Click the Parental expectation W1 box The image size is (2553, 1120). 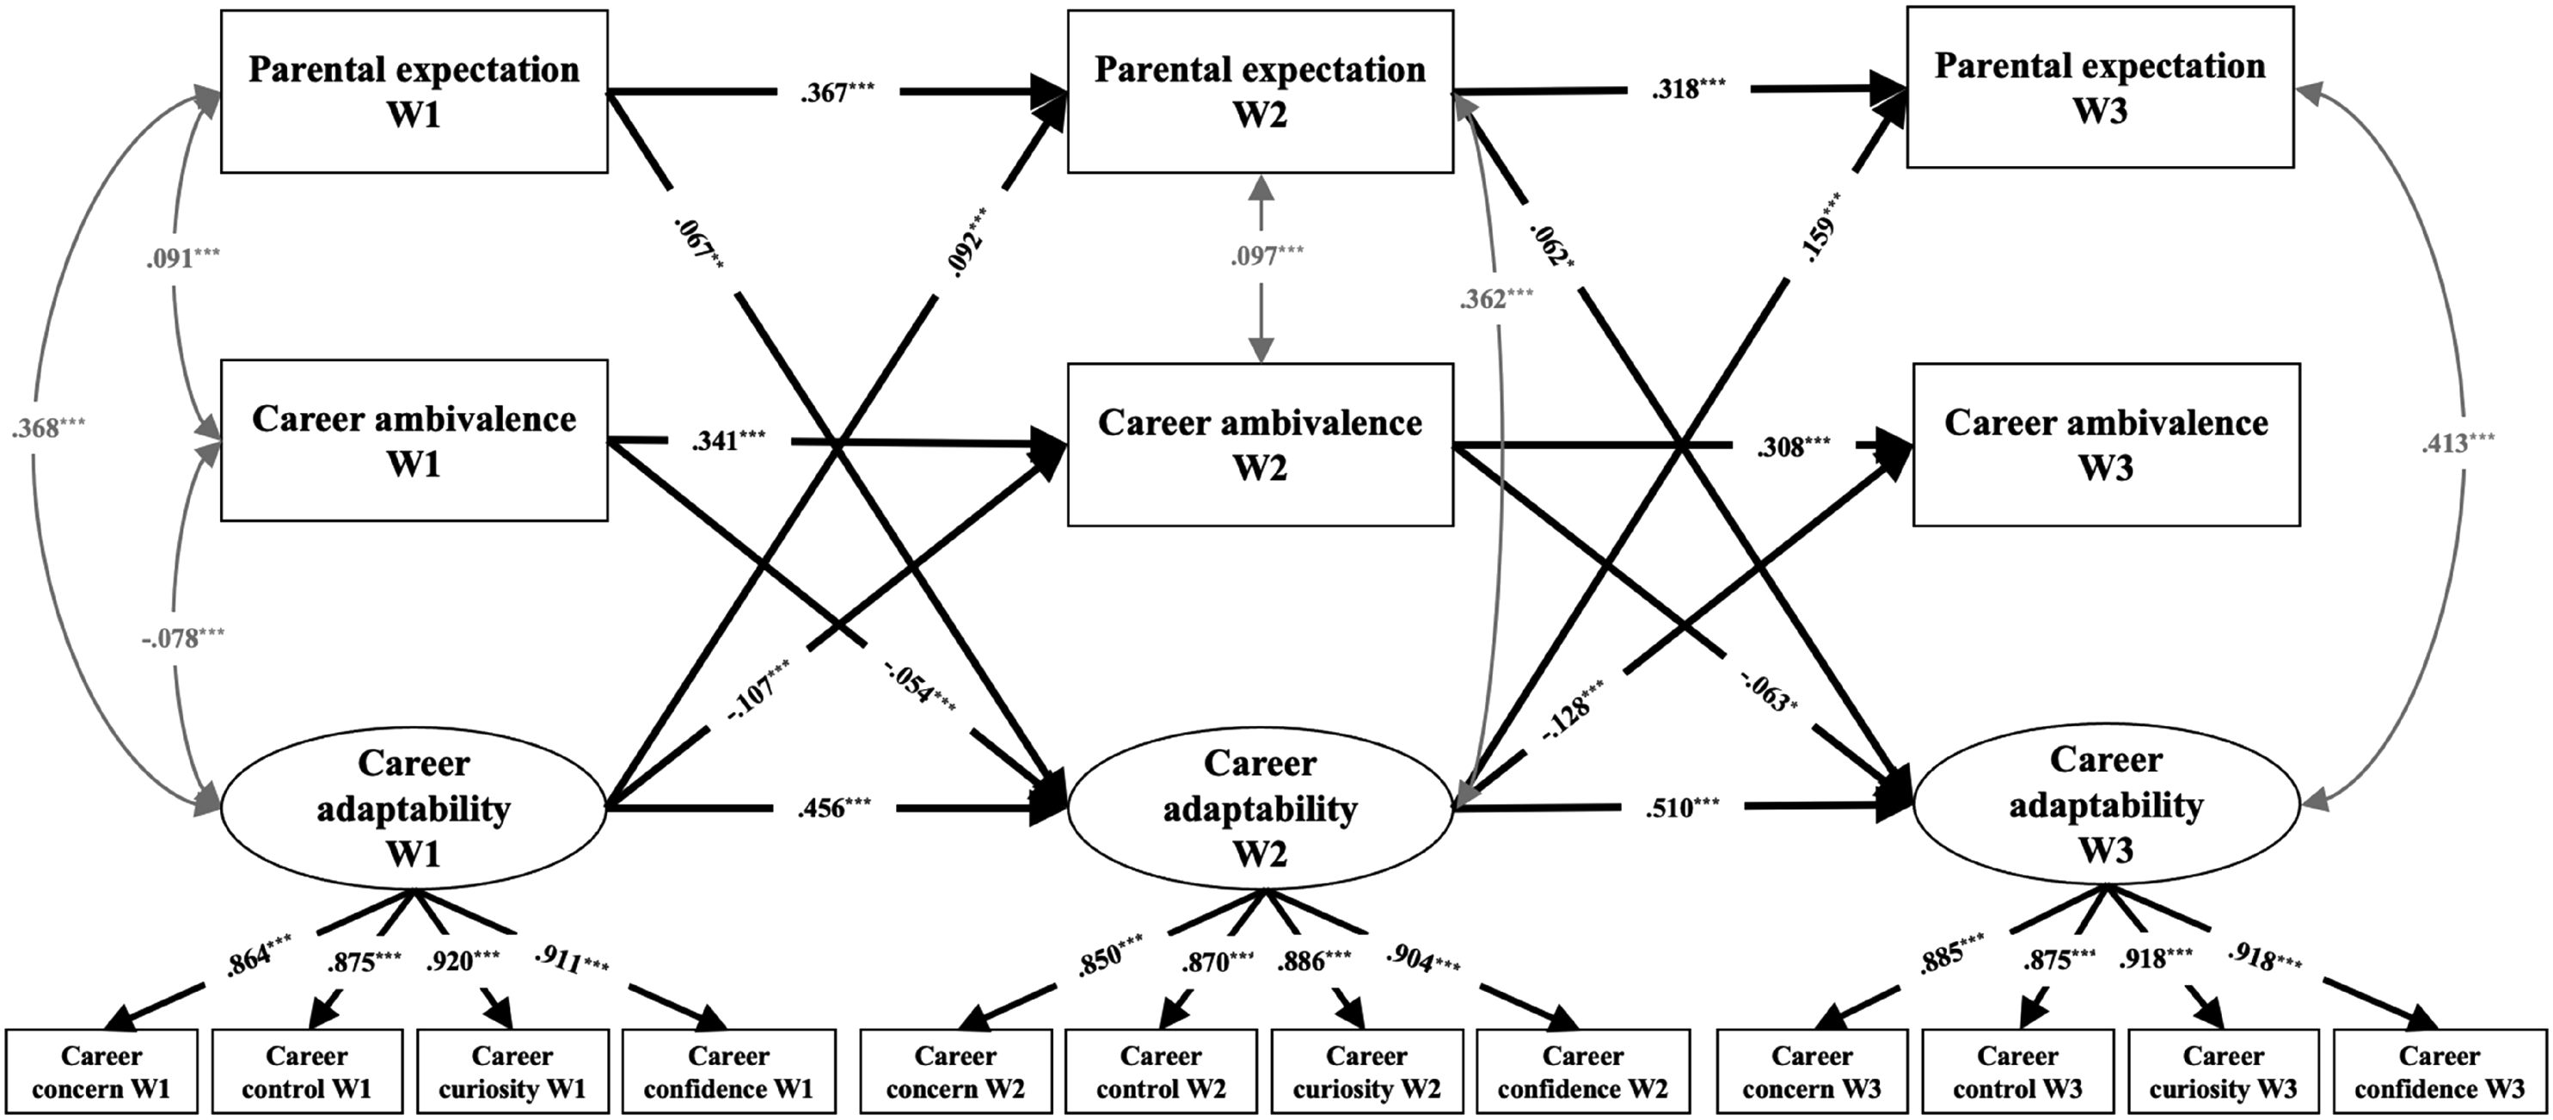coord(414,91)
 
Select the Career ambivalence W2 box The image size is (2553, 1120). coord(1261,444)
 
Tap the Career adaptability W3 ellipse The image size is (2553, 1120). coord(2106,803)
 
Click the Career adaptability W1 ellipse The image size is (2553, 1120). coord(414,808)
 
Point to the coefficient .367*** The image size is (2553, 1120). coord(838,92)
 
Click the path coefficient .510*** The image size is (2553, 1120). coord(1683,808)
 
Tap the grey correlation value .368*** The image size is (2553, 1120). coord(48,428)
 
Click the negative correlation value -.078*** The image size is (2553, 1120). coord(182,637)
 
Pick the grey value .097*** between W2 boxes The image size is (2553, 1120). coord(1267,255)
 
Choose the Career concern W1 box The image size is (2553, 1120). coord(102,1072)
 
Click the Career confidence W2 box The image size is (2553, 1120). coord(1583,1072)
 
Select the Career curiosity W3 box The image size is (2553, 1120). coord(2223,1072)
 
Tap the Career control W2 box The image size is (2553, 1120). coord(1162,1072)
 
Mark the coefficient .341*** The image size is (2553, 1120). coord(728,440)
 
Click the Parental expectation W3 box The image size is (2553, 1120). coord(2100,87)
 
